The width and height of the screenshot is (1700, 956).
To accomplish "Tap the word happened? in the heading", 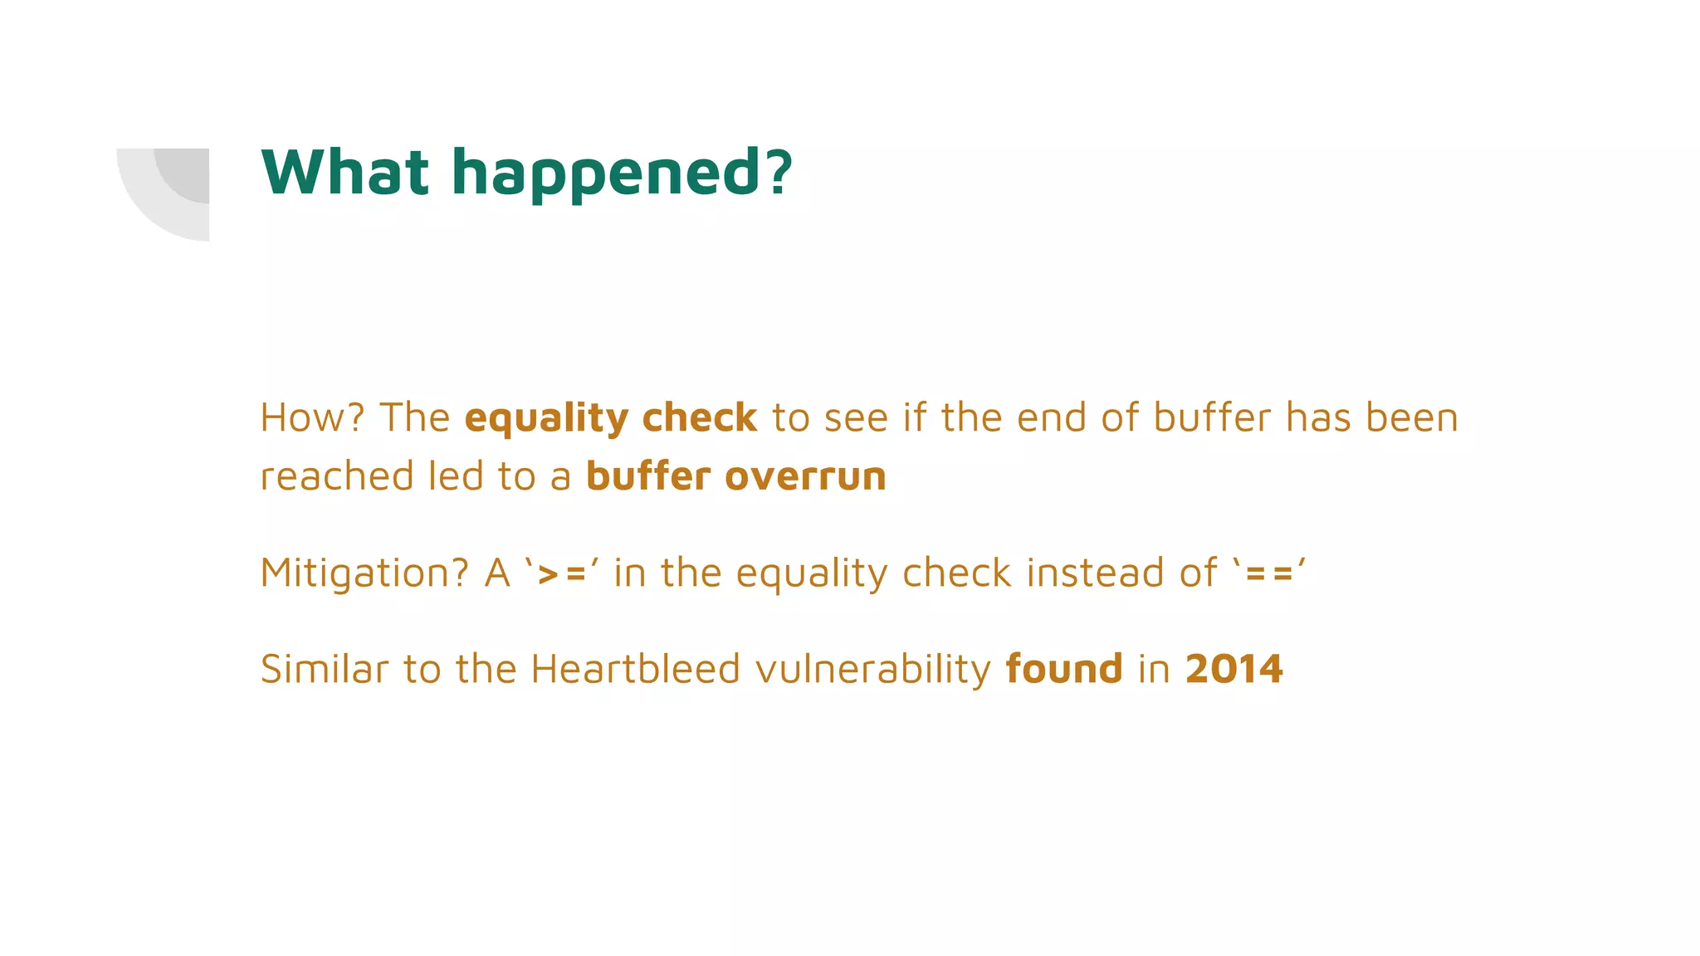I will [622, 174].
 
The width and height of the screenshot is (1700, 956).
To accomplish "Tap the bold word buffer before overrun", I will [648, 476].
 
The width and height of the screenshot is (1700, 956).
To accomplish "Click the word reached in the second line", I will [337, 476].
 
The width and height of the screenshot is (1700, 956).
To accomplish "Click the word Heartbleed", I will [635, 669].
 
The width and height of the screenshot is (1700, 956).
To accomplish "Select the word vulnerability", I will [873, 670].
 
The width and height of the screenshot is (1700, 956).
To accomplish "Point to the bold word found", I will [1064, 669].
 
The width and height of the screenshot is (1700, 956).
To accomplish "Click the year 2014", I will [1234, 669].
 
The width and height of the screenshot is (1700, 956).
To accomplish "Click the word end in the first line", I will [1051, 417].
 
